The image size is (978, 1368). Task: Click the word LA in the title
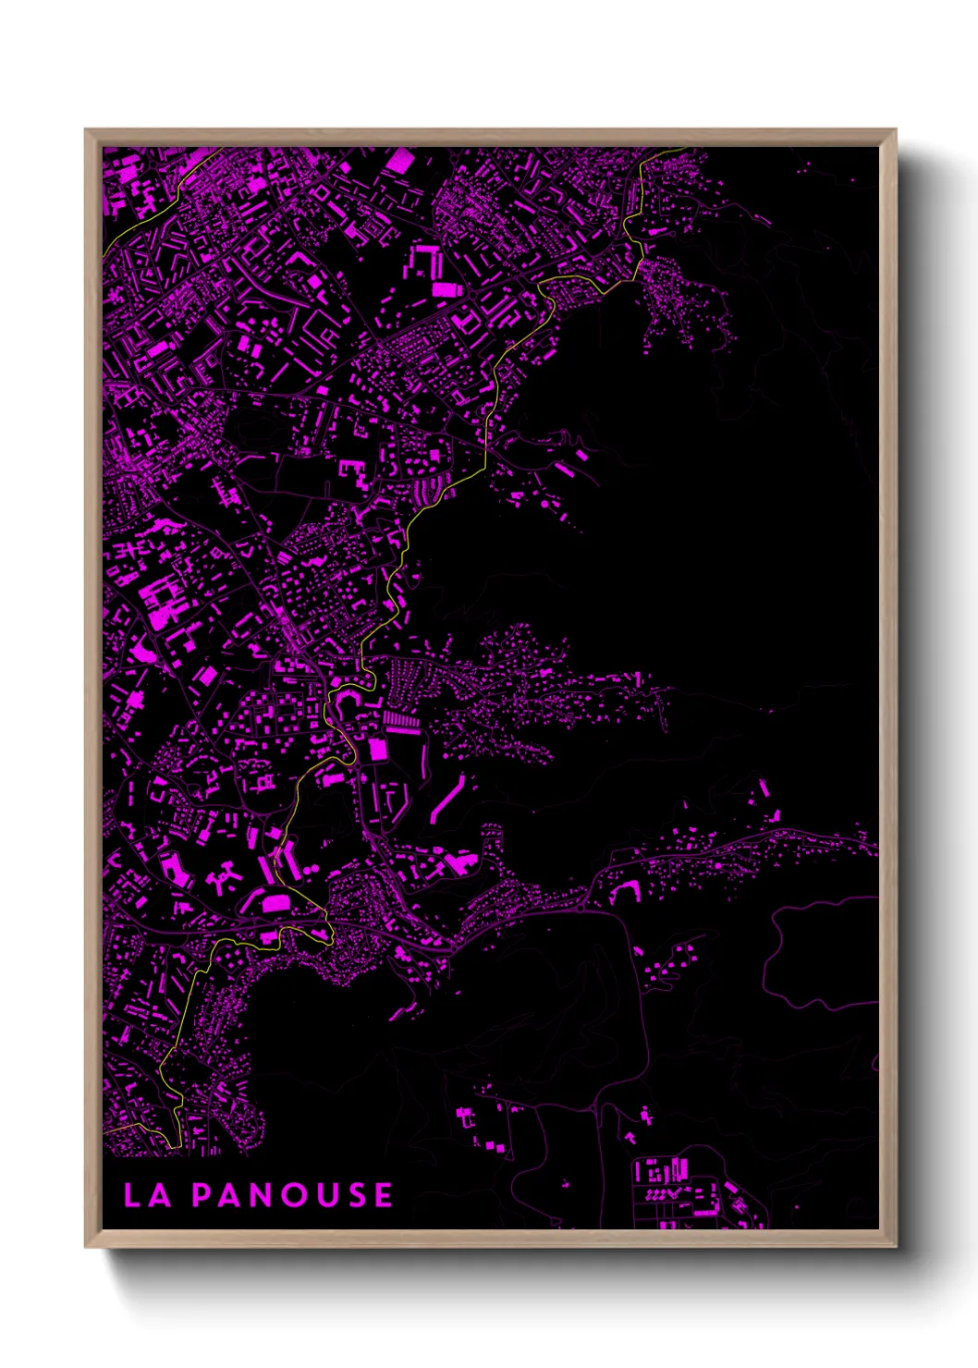coord(147,1195)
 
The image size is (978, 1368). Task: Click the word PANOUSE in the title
coord(292,1195)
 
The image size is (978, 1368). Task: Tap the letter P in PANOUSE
coord(201,1195)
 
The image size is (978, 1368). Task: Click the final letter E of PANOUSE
coord(383,1195)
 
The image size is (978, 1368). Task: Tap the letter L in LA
coord(132,1195)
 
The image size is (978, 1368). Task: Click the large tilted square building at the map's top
coord(399,162)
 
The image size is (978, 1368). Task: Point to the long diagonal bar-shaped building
coord(447,799)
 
